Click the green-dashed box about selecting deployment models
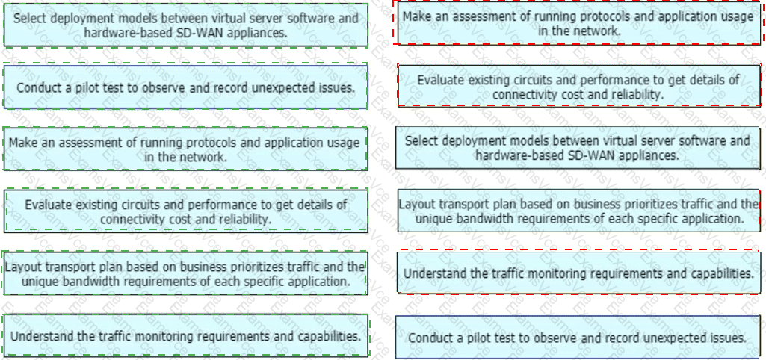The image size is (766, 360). pos(185,25)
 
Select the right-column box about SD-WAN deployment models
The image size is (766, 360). pos(578,148)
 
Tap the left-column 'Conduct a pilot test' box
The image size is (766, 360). pos(185,87)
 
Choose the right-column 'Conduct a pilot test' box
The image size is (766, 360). pos(578,337)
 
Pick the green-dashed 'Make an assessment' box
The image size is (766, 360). pos(185,149)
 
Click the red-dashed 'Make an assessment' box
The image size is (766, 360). pos(579,23)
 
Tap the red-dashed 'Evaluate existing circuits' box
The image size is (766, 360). pos(579,85)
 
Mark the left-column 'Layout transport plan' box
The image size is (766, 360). pos(185,273)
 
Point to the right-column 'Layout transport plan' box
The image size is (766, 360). pos(579,211)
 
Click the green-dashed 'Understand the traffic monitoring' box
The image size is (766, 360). pos(185,336)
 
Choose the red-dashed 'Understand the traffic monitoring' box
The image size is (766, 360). pos(579,273)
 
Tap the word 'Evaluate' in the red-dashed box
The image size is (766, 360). pos(441,80)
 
